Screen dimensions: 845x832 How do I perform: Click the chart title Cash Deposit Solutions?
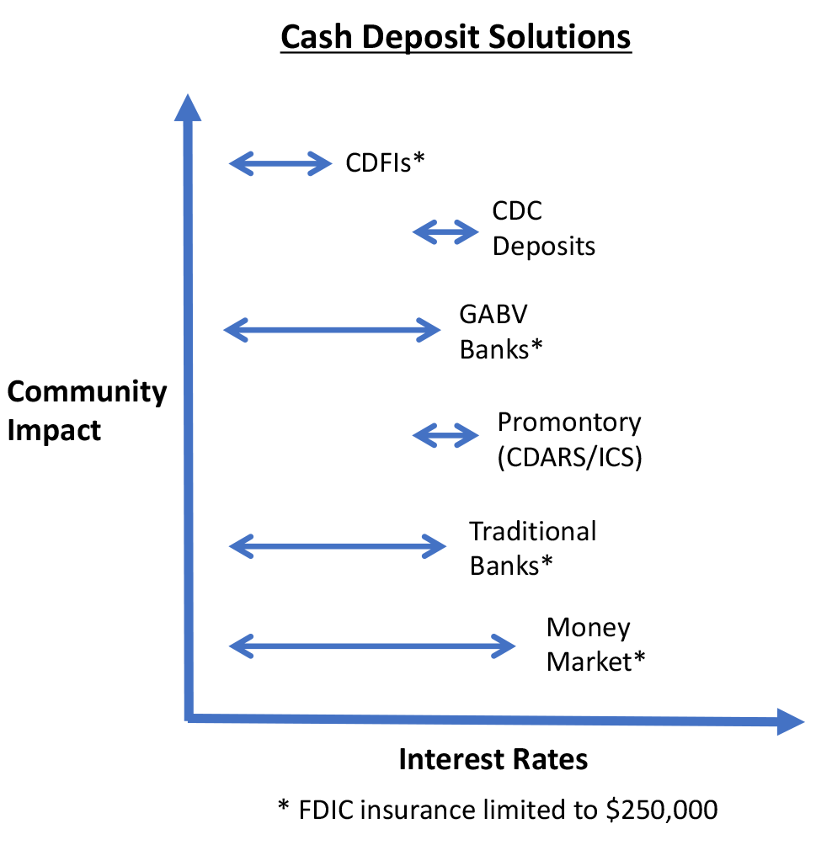coord(456,38)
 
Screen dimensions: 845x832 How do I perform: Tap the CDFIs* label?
coord(383,162)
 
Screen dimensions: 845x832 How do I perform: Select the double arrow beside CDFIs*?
coord(281,162)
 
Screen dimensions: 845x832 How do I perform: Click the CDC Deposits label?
coord(543,228)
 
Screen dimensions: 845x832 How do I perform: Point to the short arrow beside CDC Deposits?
coord(445,231)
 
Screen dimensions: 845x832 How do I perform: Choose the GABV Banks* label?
coord(499,331)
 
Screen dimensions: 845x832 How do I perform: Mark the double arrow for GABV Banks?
coord(332,330)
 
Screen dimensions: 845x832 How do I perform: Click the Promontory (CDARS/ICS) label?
coord(569,438)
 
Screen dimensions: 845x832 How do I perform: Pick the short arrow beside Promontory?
coord(445,435)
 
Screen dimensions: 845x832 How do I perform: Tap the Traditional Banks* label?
coord(532,548)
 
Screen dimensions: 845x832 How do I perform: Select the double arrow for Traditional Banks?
coord(337,547)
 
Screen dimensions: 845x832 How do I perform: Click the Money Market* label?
coord(595,645)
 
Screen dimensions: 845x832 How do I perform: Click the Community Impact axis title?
coord(87,411)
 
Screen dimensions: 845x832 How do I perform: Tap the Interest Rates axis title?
coord(493,759)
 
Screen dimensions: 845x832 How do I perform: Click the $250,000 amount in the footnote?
coord(662,810)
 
